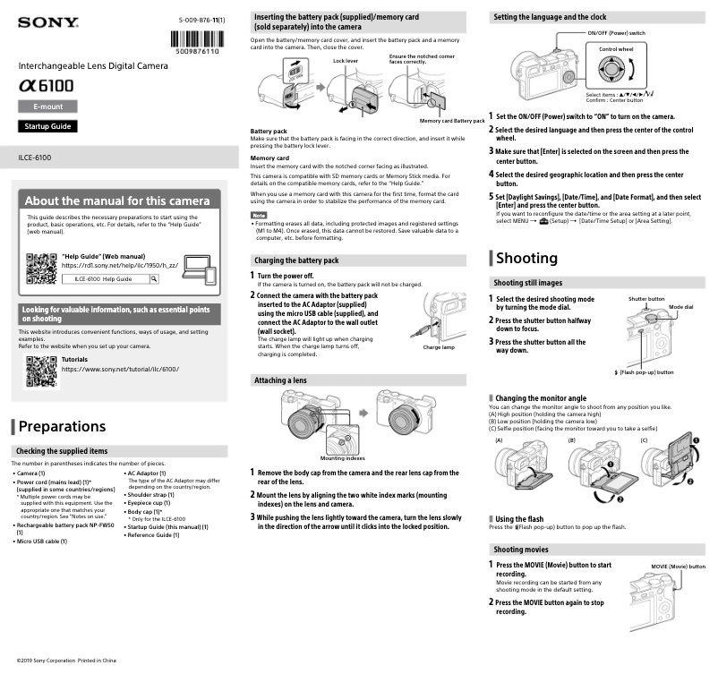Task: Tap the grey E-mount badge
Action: pyautogui.click(x=47, y=107)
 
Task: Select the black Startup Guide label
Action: pyautogui.click(x=47, y=126)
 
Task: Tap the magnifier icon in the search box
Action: pyautogui.click(x=154, y=279)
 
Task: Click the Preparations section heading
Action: pyautogui.click(x=62, y=426)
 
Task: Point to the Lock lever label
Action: pyautogui.click(x=345, y=60)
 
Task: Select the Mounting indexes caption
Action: pyautogui.click(x=343, y=458)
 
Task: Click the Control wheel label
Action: pyautogui.click(x=616, y=48)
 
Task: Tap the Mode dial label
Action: pyautogui.click(x=680, y=306)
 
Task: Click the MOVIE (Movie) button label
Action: pyautogui.click(x=678, y=567)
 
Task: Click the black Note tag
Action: pyautogui.click(x=258, y=216)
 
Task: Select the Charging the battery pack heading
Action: pyautogui.click(x=297, y=260)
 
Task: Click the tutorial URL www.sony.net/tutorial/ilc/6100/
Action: pyautogui.click(x=119, y=370)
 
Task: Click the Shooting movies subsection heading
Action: pyautogui.click(x=522, y=549)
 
